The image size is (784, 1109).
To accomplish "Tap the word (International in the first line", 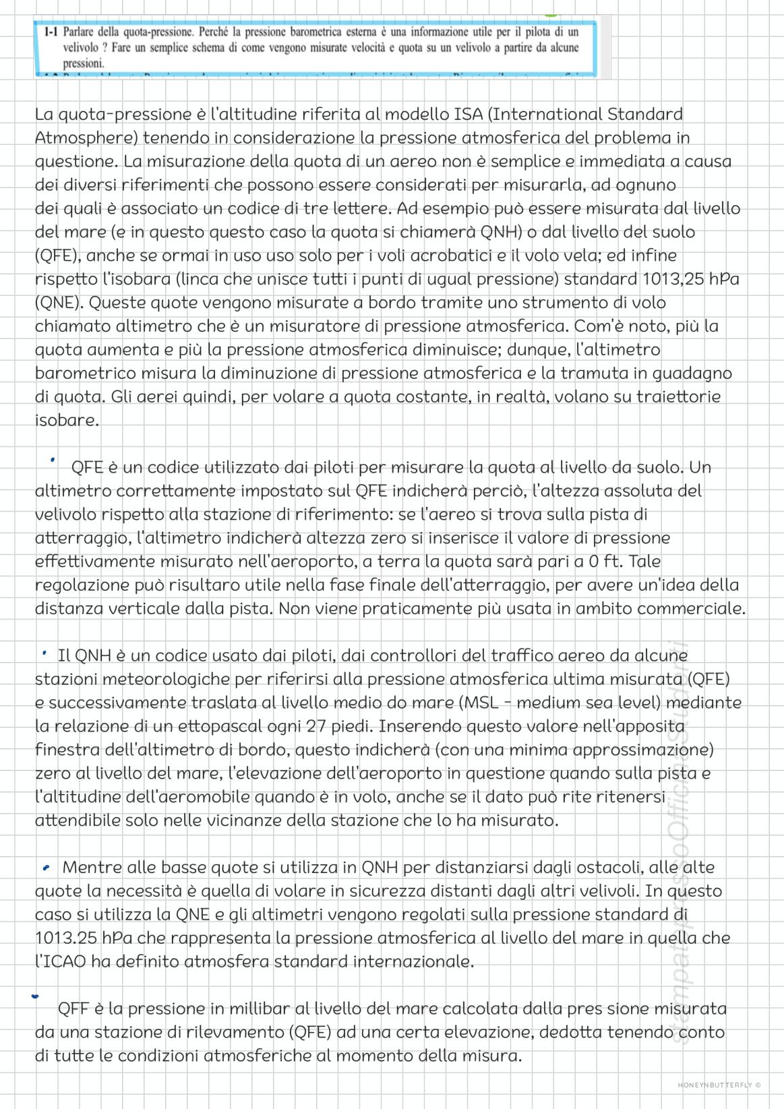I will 544,115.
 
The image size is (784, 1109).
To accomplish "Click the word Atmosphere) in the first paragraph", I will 87,138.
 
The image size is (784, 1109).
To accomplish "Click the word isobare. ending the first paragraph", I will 67,421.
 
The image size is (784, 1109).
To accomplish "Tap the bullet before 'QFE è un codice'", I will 51,460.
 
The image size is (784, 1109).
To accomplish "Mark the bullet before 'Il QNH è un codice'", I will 44,653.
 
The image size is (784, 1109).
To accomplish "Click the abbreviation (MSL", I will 480,702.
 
